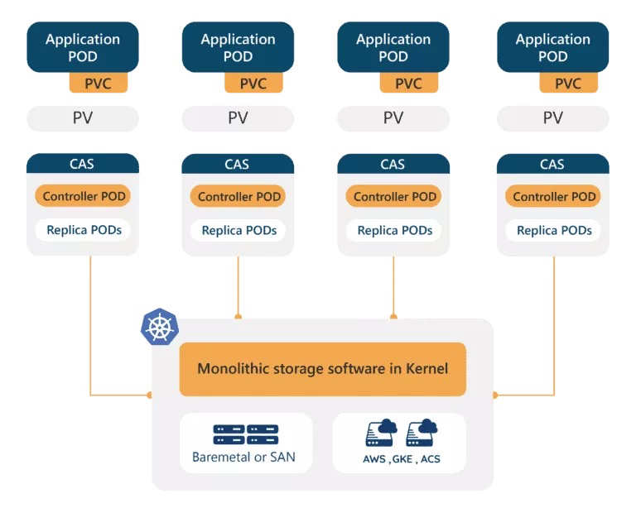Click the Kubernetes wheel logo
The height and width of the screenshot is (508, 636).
pos(160,327)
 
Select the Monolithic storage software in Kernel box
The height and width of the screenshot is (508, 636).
pos(322,369)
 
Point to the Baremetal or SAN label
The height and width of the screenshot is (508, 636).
pos(243,457)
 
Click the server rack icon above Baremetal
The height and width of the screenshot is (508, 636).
pos(246,434)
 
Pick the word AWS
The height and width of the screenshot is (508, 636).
pos(374,459)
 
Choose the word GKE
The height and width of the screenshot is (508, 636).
pos(402,459)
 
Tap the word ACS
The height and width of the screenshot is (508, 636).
pos(431,459)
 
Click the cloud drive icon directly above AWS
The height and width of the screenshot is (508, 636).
pos(381,433)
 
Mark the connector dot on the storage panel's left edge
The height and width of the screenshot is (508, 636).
pos(149,395)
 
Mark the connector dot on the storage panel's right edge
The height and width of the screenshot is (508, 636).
pos(495,395)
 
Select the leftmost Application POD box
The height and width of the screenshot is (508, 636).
pos(83,47)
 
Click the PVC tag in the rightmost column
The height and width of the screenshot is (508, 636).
pos(568,83)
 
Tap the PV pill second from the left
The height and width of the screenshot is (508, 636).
pos(238,118)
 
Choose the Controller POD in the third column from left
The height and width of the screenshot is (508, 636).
pos(393,196)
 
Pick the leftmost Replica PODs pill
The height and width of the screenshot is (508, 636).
pos(83,230)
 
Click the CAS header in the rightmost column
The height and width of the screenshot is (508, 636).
pos(553,164)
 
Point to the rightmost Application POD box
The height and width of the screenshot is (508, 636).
pos(553,47)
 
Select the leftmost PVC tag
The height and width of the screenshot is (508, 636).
pos(99,83)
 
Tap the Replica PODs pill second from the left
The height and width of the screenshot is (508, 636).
pos(238,231)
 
